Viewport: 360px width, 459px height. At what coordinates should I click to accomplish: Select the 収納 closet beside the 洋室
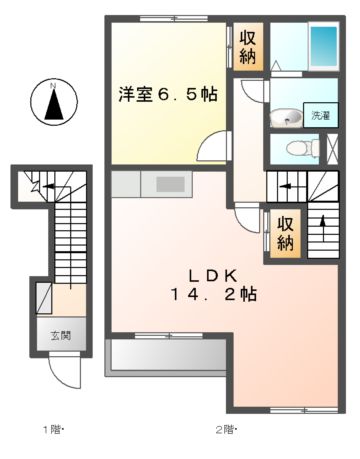[248, 46]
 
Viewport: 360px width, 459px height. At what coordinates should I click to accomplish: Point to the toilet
[296, 149]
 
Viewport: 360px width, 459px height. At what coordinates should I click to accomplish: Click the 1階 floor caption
[52, 430]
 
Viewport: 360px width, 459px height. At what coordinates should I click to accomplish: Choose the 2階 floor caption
[226, 430]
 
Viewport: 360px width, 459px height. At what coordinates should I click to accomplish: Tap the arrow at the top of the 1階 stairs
[36, 184]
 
